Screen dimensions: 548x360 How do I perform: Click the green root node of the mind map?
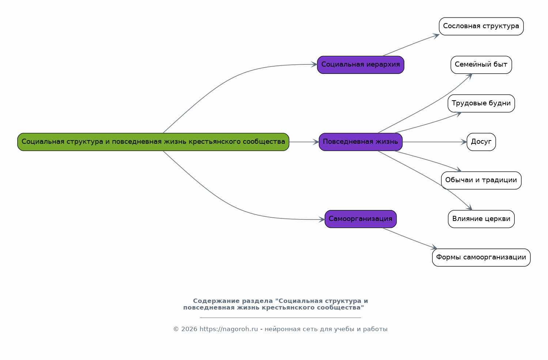153,142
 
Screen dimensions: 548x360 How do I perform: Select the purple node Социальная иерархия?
360,65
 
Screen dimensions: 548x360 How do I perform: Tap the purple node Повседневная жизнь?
360,142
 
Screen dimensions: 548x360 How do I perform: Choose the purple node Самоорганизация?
360,219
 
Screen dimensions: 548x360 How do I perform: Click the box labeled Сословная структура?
481,26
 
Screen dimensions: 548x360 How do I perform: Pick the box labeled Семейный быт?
481,65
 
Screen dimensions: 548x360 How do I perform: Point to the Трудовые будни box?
481,103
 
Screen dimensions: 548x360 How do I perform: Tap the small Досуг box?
481,142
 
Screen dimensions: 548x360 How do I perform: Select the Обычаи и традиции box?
481,180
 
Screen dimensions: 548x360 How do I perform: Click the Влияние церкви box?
481,219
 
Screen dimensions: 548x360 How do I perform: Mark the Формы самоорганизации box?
481,258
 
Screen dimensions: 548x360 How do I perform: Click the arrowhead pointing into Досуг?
464,142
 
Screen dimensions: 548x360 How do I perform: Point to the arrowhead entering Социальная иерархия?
314,65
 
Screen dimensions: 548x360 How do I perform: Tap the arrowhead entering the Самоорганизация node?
322,220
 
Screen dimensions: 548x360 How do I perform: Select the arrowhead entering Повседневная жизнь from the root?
316,142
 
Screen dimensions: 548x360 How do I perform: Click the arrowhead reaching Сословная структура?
436,36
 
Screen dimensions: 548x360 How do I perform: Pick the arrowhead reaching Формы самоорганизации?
434,247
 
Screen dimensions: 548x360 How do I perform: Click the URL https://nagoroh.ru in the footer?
229,329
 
